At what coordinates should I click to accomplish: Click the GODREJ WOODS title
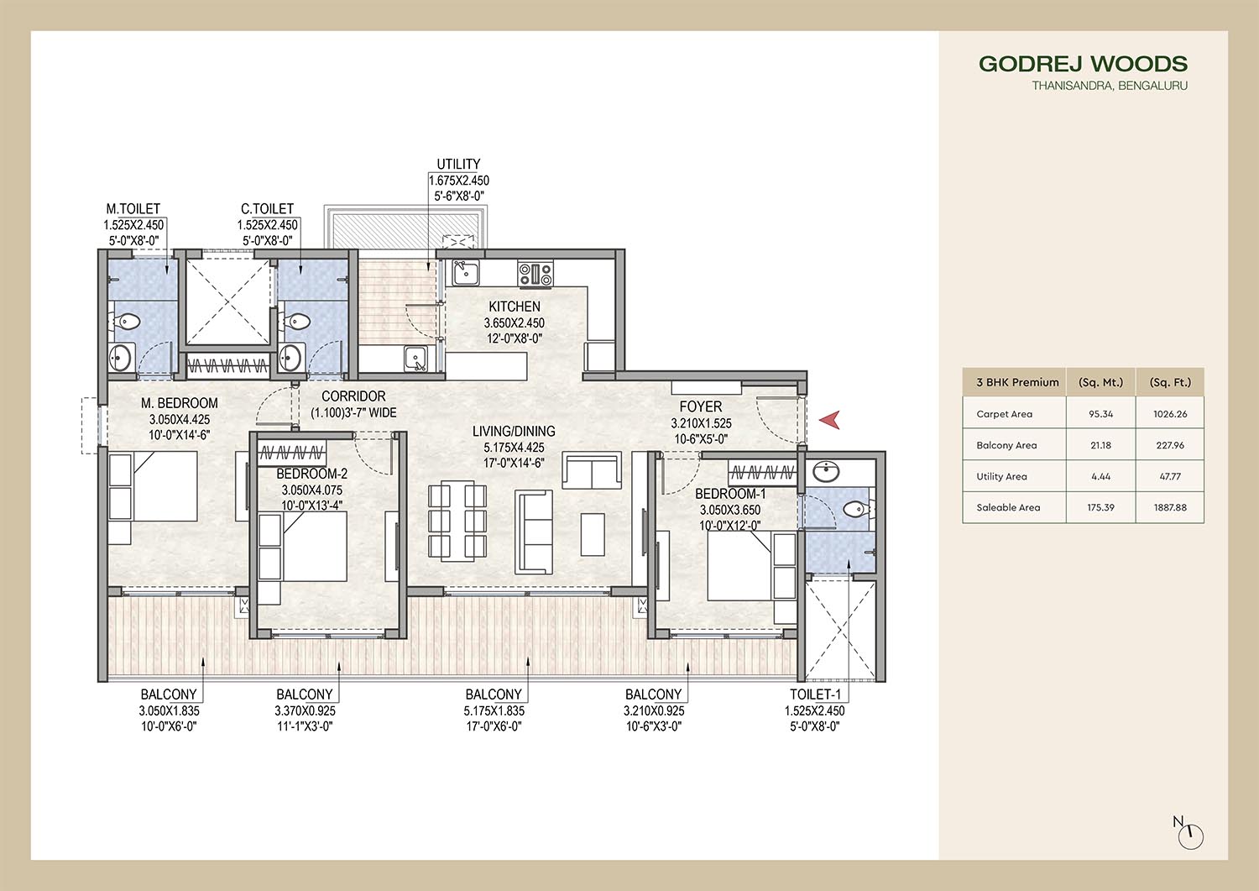click(1083, 64)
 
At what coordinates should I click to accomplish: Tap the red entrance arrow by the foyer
click(829, 420)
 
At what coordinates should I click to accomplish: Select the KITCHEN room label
click(515, 307)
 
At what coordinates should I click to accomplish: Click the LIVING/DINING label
click(514, 432)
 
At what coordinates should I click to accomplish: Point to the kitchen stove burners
click(535, 275)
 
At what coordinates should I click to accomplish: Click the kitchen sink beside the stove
click(465, 274)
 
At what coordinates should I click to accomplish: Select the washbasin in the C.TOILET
click(290, 356)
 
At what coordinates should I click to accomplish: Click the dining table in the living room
click(457, 521)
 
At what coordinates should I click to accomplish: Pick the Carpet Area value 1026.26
click(1170, 414)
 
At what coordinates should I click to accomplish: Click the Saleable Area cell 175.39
click(1100, 507)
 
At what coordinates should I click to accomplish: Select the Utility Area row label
click(1001, 476)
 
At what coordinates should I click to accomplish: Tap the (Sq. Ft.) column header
click(1170, 382)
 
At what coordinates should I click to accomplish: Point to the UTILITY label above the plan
click(458, 165)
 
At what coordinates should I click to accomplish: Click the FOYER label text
click(700, 406)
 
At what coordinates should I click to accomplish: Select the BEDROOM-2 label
click(312, 474)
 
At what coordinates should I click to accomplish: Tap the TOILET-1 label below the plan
click(815, 694)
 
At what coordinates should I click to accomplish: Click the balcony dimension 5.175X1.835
click(494, 711)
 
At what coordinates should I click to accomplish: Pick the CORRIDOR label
click(353, 396)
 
